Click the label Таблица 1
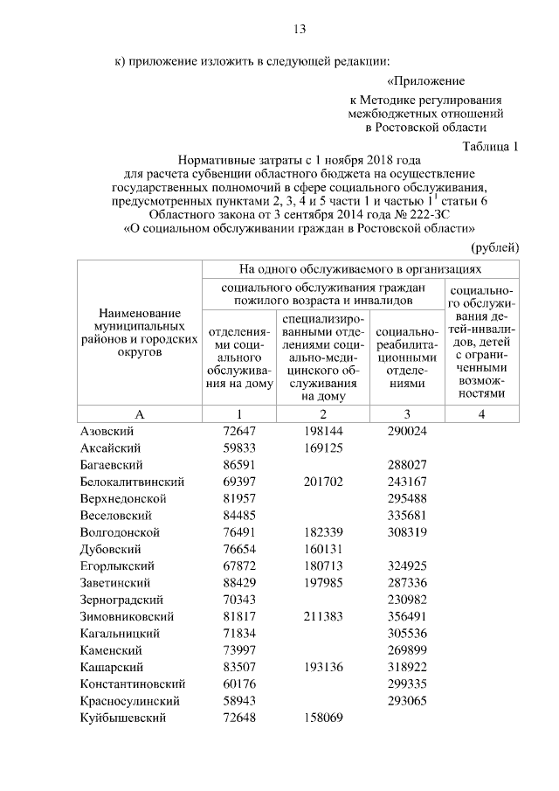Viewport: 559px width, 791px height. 489,146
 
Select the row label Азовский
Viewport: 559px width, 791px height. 106,432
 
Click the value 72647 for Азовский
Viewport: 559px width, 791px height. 238,432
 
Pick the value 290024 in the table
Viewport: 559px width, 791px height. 406,432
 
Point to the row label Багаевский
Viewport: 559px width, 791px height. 111,465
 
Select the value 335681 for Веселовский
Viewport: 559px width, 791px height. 406,515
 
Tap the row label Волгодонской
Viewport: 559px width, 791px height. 120,531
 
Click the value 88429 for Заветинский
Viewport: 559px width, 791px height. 238,581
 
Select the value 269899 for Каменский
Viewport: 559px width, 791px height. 406,650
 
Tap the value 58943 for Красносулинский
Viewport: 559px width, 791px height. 238,700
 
